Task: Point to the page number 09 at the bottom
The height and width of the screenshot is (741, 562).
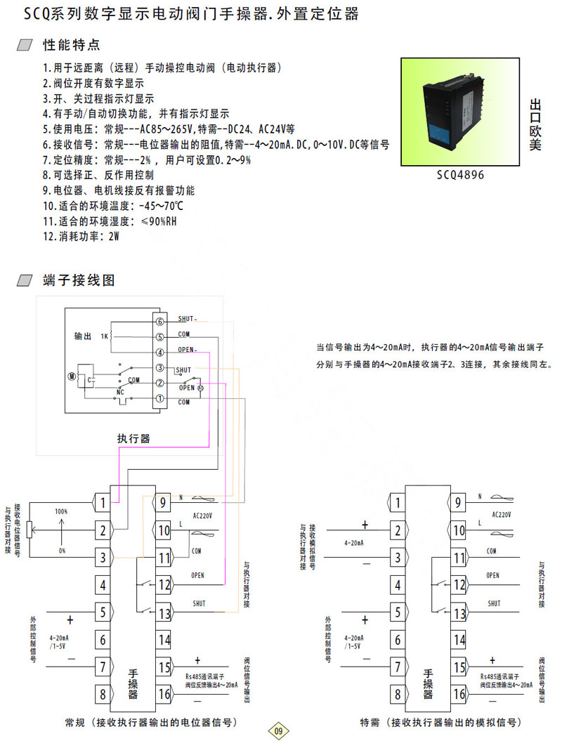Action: pyautogui.click(x=278, y=731)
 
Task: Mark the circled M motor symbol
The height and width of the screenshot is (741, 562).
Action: pyautogui.click(x=71, y=376)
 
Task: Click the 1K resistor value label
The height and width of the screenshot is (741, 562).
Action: pyautogui.click(x=104, y=336)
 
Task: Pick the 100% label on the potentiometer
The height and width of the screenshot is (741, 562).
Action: pyautogui.click(x=62, y=512)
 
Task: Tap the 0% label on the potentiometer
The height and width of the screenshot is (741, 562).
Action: pyautogui.click(x=62, y=551)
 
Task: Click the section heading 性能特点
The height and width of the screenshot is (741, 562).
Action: pyautogui.click(x=72, y=46)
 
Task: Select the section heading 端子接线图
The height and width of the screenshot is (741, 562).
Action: pyautogui.click(x=78, y=280)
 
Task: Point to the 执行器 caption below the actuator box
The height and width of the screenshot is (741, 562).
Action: pyautogui.click(x=133, y=439)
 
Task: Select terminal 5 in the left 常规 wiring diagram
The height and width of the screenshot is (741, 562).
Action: pyautogui.click(x=103, y=612)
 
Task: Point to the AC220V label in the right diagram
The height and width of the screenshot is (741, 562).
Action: pyautogui.click(x=501, y=515)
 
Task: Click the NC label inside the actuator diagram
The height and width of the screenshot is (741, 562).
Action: pyautogui.click(x=119, y=392)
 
